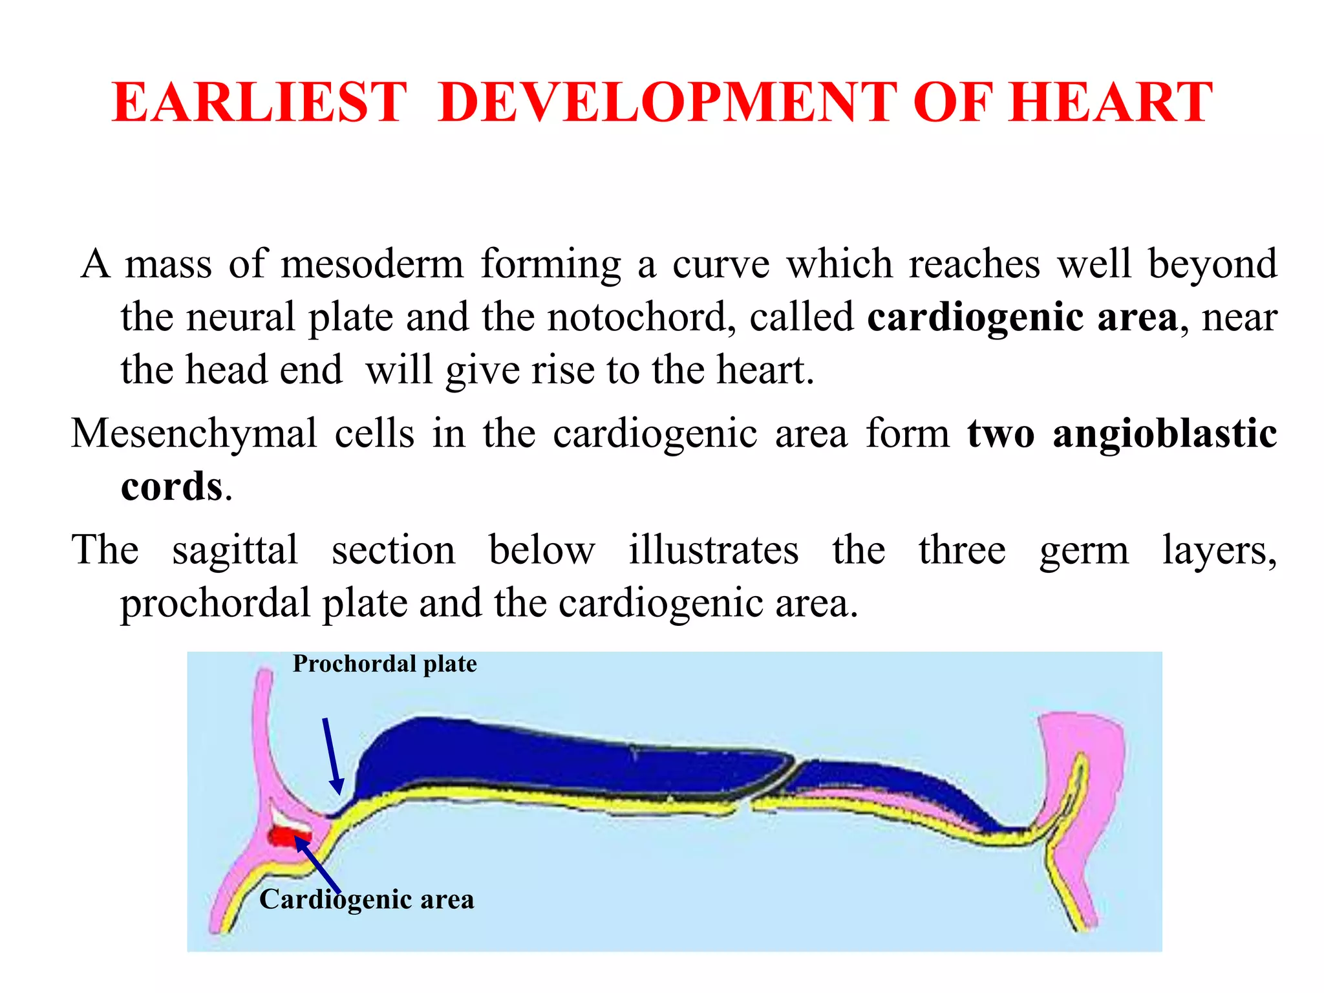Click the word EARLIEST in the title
click(x=259, y=103)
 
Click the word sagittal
click(x=235, y=551)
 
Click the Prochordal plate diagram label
click(x=385, y=664)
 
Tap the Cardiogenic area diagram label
click(x=367, y=899)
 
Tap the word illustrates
click(x=714, y=551)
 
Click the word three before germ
click(x=962, y=551)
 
